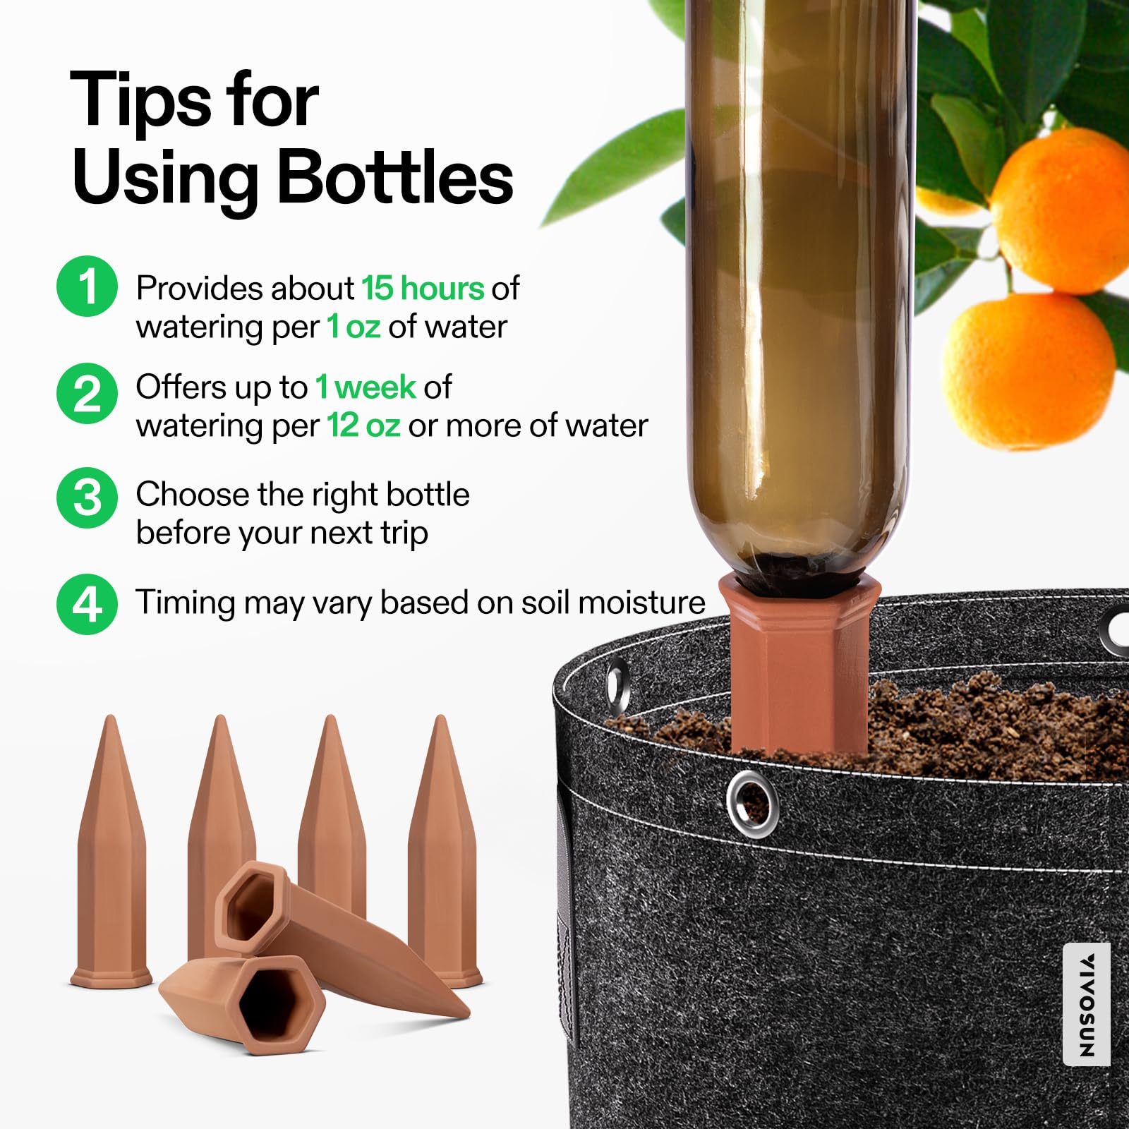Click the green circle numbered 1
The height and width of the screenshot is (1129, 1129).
[87, 286]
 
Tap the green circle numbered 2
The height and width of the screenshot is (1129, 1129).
[87, 393]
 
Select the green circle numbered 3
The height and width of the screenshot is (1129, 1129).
[87, 497]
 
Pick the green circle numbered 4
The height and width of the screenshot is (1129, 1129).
[87, 604]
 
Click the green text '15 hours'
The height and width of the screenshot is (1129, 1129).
[423, 288]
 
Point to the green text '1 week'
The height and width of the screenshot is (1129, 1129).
[366, 387]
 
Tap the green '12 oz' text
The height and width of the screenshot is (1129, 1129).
[363, 425]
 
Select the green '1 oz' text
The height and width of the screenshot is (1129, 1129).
[354, 327]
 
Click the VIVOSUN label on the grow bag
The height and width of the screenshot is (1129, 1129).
[1086, 1005]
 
